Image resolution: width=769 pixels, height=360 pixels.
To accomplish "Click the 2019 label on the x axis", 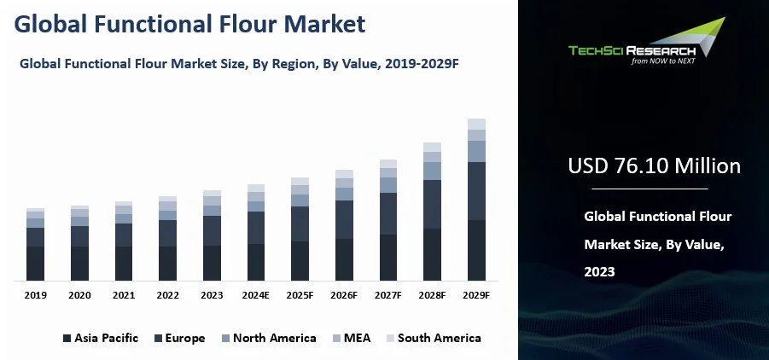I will (35, 294).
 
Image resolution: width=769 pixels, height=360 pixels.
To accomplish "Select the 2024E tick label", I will (256, 294).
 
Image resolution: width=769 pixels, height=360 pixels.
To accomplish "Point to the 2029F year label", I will (476, 294).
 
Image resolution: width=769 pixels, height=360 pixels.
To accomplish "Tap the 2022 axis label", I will (167, 294).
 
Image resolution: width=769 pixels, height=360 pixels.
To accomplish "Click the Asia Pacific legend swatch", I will (67, 339).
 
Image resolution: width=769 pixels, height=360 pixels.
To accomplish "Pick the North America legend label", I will (274, 338).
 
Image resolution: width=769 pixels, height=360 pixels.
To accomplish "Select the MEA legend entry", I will (357, 338).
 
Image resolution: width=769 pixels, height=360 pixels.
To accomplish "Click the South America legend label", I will (439, 338).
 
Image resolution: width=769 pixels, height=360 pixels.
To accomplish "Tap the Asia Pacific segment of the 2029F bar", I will (476, 250).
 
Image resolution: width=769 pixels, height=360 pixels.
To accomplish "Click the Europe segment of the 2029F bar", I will (476, 191).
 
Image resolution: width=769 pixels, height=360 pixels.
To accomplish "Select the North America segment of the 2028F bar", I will (433, 171).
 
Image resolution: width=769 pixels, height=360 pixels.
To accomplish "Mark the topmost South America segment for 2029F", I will (476, 124).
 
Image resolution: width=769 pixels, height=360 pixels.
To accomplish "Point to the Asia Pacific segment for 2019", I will (35, 263).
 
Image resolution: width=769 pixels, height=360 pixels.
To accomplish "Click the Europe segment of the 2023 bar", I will (212, 230).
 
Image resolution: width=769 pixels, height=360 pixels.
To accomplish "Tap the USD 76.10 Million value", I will (654, 165).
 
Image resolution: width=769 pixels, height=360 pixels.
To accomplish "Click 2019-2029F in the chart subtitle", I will (420, 63).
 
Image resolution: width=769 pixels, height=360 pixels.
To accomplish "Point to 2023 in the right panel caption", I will (599, 272).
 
